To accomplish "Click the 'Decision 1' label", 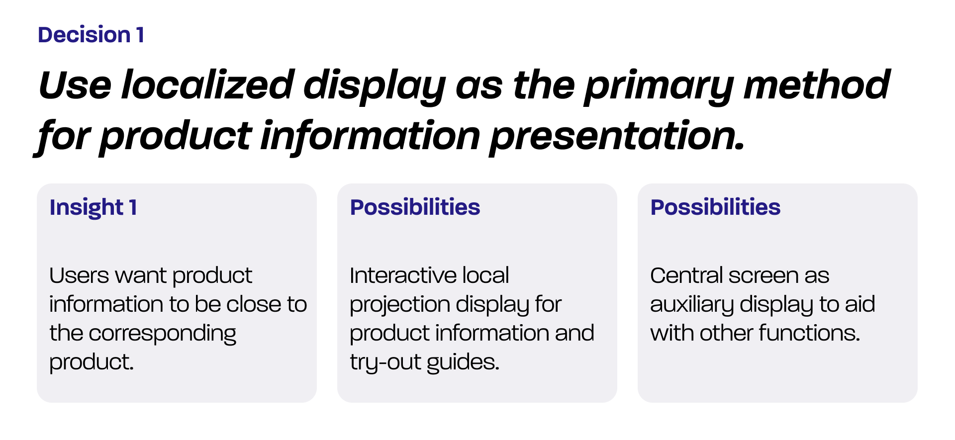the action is (91, 35).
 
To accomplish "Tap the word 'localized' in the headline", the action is (208, 85).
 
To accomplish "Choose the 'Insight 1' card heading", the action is (93, 208).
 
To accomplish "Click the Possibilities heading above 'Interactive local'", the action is (415, 207).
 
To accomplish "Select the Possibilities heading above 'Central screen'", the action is (716, 207).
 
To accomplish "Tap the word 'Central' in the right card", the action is (687, 275).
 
